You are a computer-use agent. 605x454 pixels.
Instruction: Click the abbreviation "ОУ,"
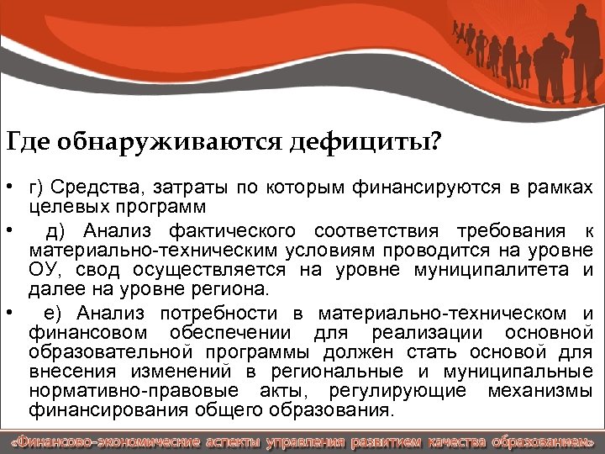pyautogui.click(x=47, y=270)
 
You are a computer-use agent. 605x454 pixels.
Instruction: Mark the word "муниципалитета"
pyautogui.click(x=488, y=270)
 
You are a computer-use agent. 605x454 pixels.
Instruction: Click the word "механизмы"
pyautogui.click(x=545, y=392)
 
